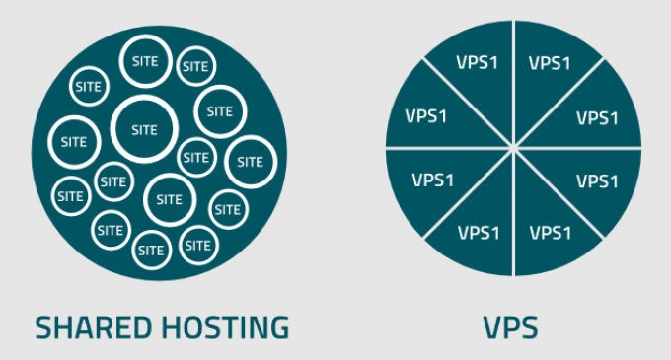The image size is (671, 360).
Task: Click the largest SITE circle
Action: (x=144, y=129)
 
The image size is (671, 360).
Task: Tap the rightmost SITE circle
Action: (x=251, y=162)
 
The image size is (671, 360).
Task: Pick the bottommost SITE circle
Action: (x=151, y=250)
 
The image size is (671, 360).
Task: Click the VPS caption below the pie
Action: (x=513, y=326)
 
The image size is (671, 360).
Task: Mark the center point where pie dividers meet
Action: (x=514, y=148)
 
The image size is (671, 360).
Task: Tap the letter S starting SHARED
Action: (x=44, y=326)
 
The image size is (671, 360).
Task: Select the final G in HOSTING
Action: (x=279, y=326)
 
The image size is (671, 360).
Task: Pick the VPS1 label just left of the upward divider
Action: (x=478, y=64)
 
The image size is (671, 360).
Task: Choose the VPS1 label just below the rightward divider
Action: (x=596, y=181)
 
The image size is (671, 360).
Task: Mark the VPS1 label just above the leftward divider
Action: (x=429, y=116)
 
